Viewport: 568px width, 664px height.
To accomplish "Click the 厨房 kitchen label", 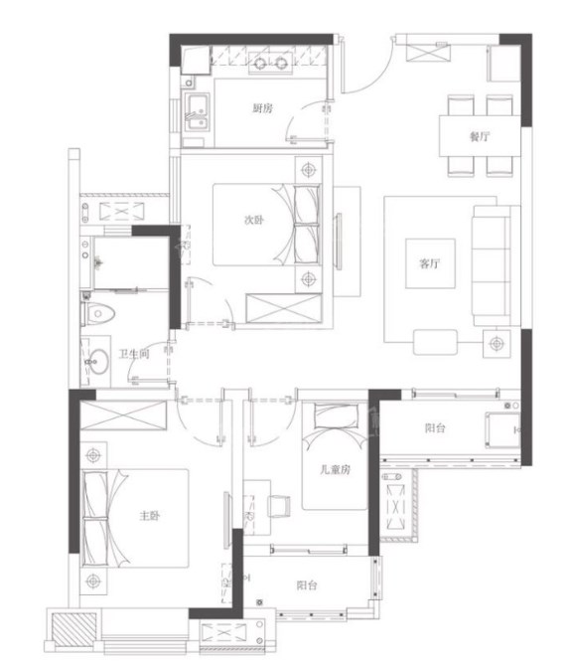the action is pos(262,108).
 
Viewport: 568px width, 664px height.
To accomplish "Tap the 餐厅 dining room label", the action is pos(480,136).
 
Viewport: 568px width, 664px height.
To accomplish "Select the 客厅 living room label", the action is pos(430,263).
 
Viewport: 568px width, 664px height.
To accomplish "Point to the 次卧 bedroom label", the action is pos(254,220).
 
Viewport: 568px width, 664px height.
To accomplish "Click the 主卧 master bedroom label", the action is pos(150,516).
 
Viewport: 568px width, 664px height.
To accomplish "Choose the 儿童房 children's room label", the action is pos(336,469).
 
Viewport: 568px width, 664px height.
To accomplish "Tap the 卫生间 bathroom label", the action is pos(134,354).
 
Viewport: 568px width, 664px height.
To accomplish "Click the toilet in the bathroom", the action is pos(98,314).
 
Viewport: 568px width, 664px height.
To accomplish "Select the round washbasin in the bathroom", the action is pos(98,361).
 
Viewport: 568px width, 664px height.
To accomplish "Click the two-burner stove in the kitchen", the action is pos(270,63).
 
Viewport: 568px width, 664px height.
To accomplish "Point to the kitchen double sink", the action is pos(197,112).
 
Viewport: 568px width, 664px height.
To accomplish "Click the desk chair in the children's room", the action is pos(280,506).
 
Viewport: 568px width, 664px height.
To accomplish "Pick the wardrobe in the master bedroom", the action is pos(123,415).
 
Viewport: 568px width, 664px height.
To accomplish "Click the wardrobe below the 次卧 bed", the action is pos(284,309).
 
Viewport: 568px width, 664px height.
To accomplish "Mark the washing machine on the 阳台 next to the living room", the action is pos(502,430).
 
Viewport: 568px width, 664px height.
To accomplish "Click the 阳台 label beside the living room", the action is pos(435,427).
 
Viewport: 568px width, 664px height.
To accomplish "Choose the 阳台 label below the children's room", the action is pos(307,585).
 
